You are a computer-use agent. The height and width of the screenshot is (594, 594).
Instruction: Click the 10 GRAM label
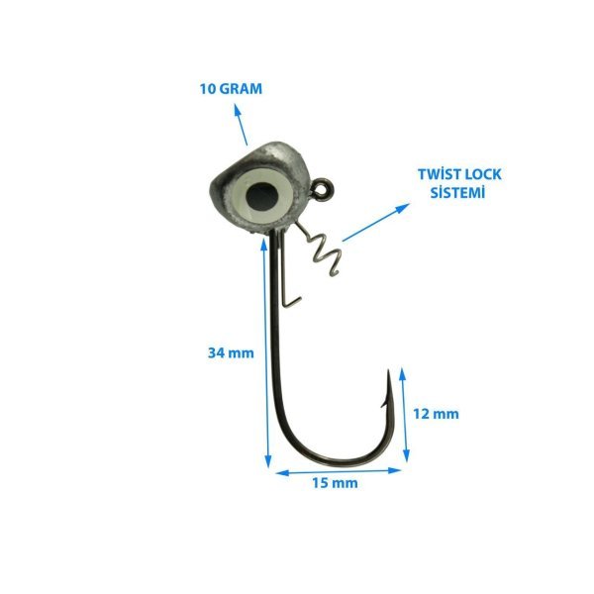pyautogui.click(x=231, y=89)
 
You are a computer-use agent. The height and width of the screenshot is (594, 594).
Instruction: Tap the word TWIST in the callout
pyautogui.click(x=441, y=174)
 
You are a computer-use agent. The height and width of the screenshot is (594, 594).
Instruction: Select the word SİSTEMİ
pyautogui.click(x=457, y=192)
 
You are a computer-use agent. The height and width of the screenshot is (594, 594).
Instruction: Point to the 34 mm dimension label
pyautogui.click(x=231, y=353)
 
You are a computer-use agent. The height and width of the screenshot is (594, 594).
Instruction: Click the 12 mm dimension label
pyautogui.click(x=436, y=414)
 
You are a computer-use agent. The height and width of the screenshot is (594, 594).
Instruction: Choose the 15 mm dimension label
pyautogui.click(x=335, y=483)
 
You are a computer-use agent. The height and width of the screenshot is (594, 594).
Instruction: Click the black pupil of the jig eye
pyautogui.click(x=261, y=196)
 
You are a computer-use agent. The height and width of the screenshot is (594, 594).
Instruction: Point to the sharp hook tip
pyautogui.click(x=388, y=370)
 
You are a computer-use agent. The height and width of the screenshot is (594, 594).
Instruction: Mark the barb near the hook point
pyautogui.click(x=384, y=402)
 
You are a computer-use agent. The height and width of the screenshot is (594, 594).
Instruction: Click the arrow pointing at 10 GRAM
pyautogui.click(x=241, y=125)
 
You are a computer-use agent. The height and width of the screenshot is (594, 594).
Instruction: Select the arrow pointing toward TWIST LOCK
pyautogui.click(x=376, y=223)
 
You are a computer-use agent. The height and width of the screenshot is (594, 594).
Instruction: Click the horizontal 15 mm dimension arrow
pyautogui.click(x=339, y=471)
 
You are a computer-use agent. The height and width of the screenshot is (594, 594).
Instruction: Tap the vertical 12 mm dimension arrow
pyautogui.click(x=405, y=415)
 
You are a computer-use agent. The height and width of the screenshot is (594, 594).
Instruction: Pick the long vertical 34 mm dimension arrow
pyautogui.click(x=265, y=352)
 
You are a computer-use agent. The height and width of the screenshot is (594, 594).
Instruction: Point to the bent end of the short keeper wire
pyautogui.click(x=292, y=301)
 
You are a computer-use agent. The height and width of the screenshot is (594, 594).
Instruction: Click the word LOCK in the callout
pyautogui.click(x=484, y=174)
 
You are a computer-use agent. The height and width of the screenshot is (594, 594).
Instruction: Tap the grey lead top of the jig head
pyautogui.click(x=276, y=152)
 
